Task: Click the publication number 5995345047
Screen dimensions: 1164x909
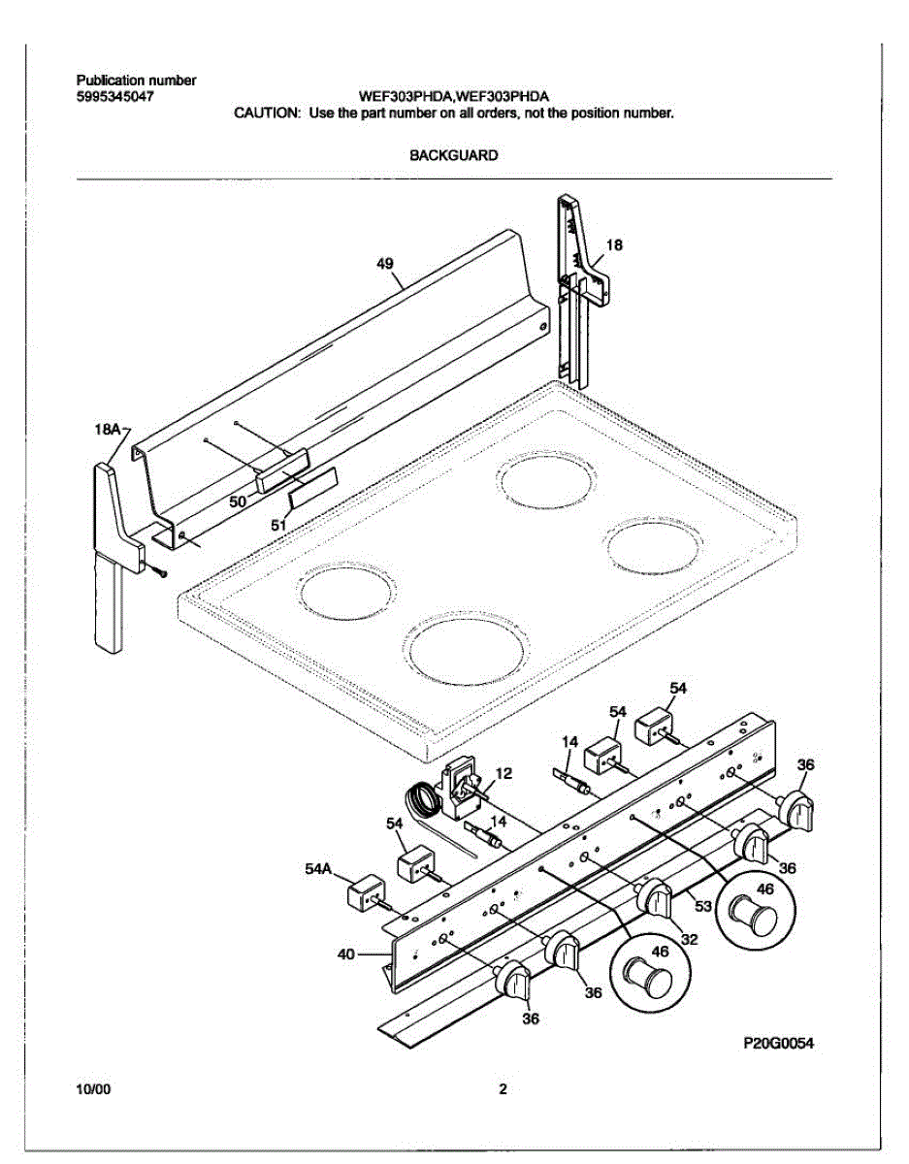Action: tap(114, 97)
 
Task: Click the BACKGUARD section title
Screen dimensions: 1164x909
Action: tap(453, 154)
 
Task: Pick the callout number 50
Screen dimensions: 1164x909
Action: tap(238, 501)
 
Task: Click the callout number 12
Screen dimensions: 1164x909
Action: tap(503, 773)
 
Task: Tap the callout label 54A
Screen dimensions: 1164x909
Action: tap(319, 870)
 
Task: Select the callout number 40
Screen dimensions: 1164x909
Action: tap(345, 954)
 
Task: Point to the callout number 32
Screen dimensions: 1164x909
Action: tap(689, 939)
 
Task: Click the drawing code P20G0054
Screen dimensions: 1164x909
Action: tap(778, 1044)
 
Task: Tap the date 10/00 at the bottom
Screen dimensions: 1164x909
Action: tap(93, 1089)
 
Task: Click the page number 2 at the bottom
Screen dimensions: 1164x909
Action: tap(503, 1089)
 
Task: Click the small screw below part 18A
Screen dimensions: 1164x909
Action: tap(158, 571)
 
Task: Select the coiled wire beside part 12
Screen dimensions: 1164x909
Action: tap(424, 799)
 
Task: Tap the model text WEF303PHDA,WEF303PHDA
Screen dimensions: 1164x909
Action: tap(453, 97)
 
